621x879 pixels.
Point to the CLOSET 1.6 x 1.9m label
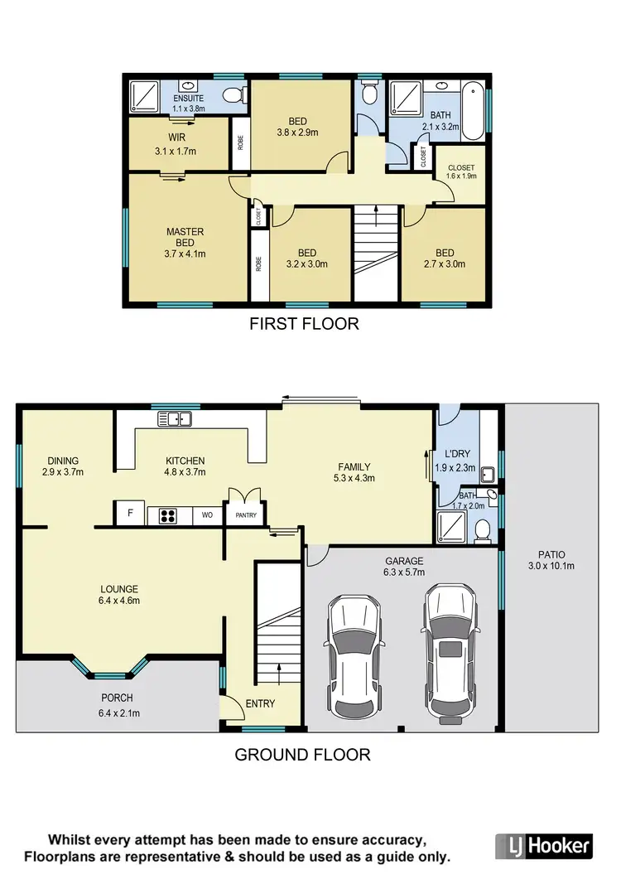(461, 171)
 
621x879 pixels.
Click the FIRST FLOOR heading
(304, 324)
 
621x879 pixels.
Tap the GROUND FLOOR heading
(302, 755)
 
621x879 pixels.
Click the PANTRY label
(246, 516)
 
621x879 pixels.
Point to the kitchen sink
(176, 419)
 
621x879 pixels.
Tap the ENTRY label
(260, 703)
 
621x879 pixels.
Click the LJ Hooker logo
(544, 846)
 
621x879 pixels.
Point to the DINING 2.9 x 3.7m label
(63, 466)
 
